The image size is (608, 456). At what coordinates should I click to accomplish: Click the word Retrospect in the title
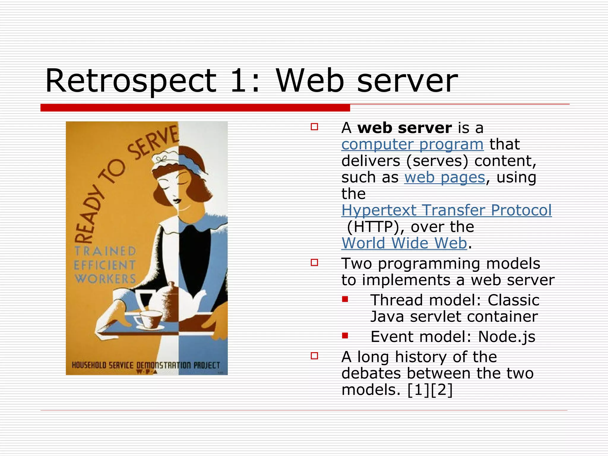(x=131, y=81)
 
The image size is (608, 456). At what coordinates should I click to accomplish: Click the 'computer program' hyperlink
(x=412, y=145)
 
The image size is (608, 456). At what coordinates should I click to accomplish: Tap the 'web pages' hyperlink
(x=444, y=178)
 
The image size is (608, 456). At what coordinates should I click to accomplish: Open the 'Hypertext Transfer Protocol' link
(x=446, y=210)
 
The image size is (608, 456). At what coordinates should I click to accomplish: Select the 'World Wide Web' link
(x=404, y=243)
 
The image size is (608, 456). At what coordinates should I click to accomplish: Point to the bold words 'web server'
(x=404, y=128)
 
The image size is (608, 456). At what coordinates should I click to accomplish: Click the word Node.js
(x=506, y=337)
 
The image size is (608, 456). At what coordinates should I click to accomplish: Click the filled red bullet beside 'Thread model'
(x=345, y=299)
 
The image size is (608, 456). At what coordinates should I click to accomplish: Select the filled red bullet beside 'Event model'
(x=345, y=336)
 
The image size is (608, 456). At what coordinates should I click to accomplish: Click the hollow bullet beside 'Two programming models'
(x=314, y=262)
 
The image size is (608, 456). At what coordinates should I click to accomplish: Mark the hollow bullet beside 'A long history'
(x=314, y=356)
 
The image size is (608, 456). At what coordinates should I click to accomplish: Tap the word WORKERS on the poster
(x=105, y=279)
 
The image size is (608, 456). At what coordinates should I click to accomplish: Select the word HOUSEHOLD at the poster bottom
(x=89, y=365)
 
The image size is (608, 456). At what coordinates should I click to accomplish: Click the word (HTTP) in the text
(x=375, y=227)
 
